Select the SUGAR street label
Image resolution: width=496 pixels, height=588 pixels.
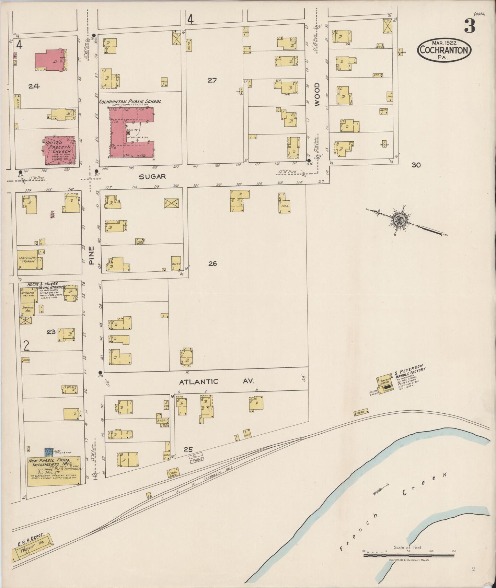pos(152,177)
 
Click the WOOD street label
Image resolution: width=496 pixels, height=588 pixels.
pos(317,94)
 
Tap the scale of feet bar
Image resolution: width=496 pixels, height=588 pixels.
pos(408,555)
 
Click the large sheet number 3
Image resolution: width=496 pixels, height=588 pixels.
pos(470,26)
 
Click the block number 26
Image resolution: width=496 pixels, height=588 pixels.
pos(212,263)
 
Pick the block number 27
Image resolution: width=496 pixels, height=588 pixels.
pos(212,80)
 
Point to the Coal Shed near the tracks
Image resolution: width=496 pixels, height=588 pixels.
pos(173,473)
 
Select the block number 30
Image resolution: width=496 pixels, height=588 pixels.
pos(416,165)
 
